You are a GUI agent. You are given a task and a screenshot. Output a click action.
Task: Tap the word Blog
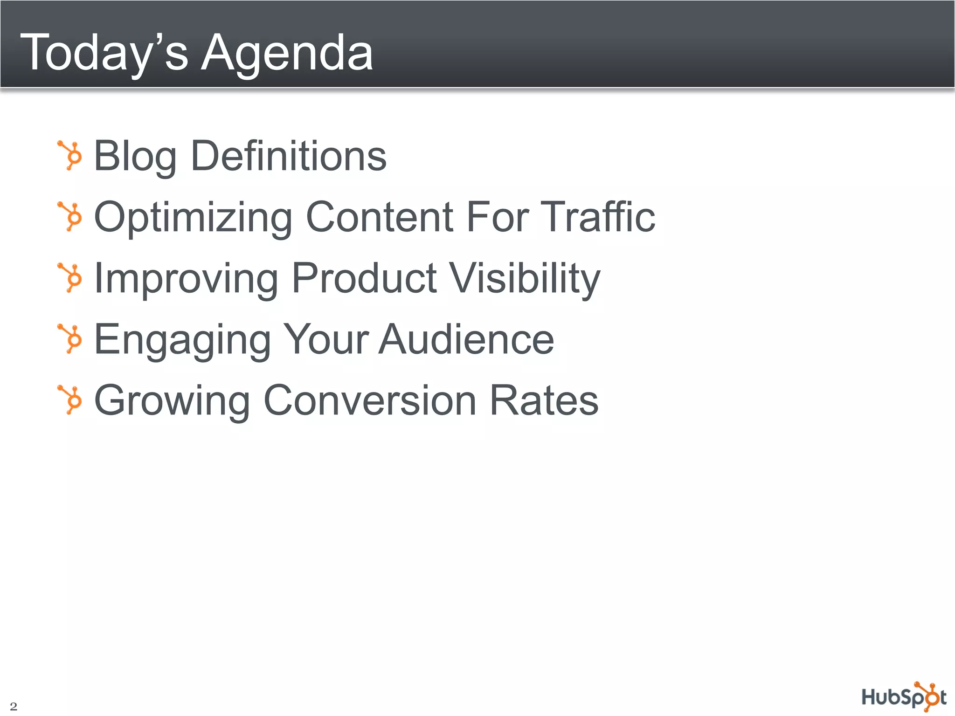pos(135,157)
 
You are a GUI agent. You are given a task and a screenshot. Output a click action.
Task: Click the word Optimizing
pos(193,218)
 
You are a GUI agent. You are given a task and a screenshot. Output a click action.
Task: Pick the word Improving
pos(186,279)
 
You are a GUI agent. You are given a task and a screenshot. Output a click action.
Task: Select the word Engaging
pos(182,340)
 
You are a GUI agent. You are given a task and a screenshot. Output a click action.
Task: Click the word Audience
pos(466,339)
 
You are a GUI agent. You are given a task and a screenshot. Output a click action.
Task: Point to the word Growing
pos(172,401)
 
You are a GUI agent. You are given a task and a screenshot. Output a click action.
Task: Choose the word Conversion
pos(370,400)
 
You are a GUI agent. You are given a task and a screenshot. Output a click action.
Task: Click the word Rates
pos(544,400)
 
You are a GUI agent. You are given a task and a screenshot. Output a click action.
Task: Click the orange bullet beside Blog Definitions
pos(70,155)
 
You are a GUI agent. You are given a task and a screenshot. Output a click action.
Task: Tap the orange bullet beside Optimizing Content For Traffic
pos(70,216)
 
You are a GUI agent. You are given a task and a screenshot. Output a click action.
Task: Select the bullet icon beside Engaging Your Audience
pos(70,338)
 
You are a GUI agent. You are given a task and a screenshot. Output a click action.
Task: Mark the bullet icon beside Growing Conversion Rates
pos(70,399)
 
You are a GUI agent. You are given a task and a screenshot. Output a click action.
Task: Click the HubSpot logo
pos(904,697)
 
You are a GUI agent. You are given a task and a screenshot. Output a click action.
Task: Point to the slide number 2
pos(14,706)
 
